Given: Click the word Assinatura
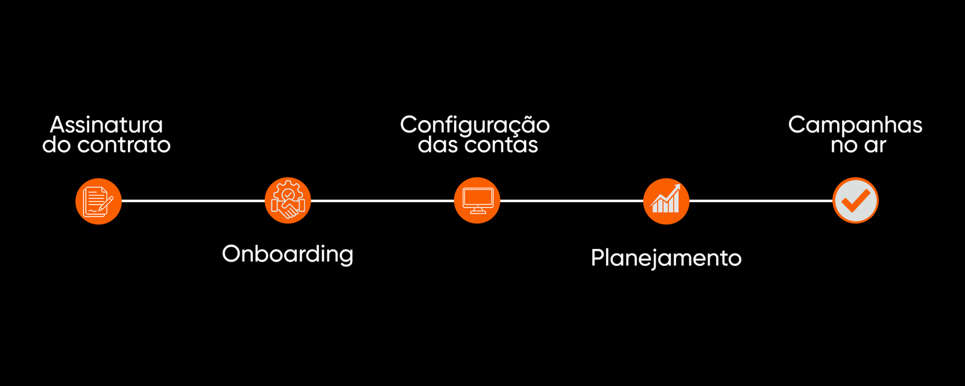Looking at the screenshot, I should pos(106,125).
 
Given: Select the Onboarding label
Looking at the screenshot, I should pos(288,254).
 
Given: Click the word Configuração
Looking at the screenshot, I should pos(475,125).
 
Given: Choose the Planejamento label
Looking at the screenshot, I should pos(666,258).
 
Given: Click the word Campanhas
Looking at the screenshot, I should pos(855,125).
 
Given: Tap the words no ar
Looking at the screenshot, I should pos(858,145).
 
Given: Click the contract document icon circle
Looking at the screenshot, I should pos(98,201).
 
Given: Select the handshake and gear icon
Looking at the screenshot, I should pos(288,201).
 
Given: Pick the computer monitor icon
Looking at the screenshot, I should pos(477,201).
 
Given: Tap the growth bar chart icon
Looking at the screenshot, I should pos(666,201).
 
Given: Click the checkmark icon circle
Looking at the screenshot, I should pos(855,201).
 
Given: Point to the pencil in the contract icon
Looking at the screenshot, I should pos(107,204).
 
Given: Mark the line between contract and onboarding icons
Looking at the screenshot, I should pos(193,201).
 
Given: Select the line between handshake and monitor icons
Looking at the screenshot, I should pos(382,201).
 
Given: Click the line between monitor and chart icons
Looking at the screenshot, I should pos(572,201).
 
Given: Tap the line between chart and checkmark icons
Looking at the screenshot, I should pos(761,201).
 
